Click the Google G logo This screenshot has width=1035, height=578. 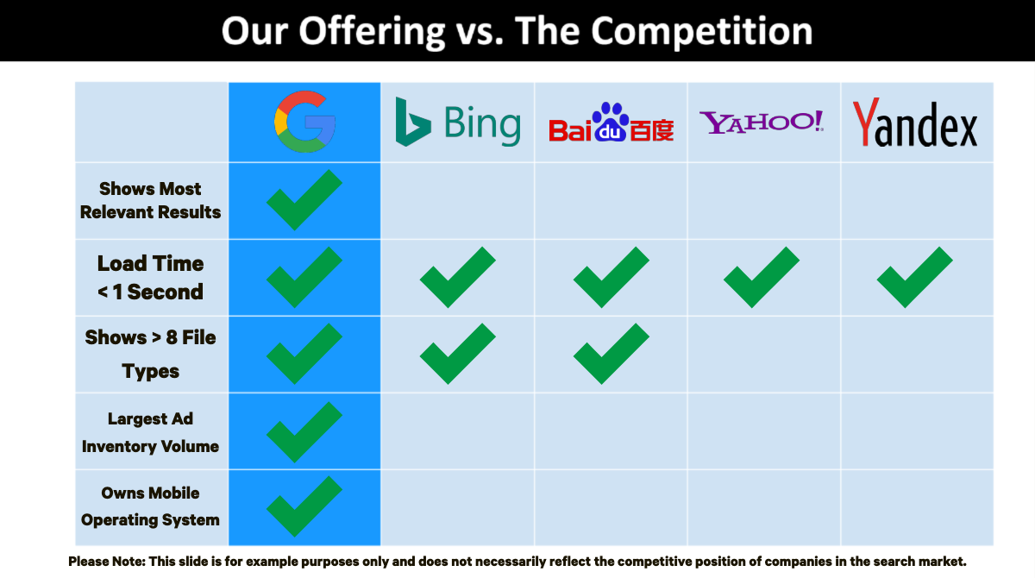click(304, 122)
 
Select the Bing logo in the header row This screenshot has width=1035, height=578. click(458, 122)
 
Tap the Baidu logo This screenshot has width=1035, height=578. click(611, 122)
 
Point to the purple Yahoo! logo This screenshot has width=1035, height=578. click(762, 122)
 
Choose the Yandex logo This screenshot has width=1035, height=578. click(915, 122)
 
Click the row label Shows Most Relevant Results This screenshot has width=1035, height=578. click(150, 200)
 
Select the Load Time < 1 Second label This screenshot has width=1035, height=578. click(150, 278)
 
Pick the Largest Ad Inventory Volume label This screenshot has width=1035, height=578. click(150, 432)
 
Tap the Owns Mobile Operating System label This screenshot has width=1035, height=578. click(150, 506)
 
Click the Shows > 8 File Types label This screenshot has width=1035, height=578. click(150, 355)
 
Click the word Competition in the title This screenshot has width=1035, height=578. click(702, 31)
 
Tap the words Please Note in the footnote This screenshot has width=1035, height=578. click(107, 562)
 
